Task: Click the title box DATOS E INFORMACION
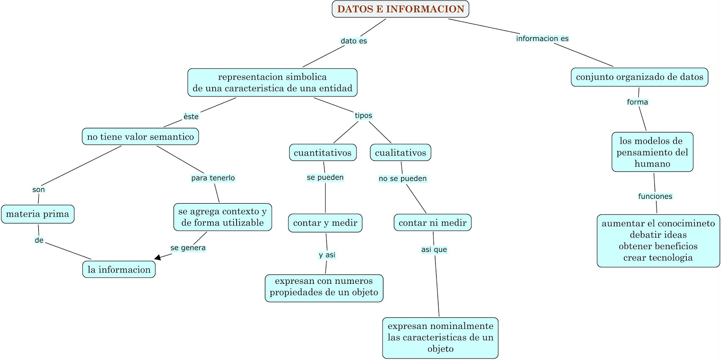(401, 9)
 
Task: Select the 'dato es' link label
(354, 41)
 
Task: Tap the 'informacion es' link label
(543, 39)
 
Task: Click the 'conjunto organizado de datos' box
(639, 77)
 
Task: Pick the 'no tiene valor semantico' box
(140, 137)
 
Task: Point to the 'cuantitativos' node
(323, 152)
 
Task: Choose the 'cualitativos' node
(401, 152)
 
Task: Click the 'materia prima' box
(38, 214)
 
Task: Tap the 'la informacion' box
(119, 269)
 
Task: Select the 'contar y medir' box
(325, 223)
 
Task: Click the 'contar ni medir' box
(433, 222)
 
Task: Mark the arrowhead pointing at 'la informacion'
(157, 257)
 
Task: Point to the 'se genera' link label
(188, 248)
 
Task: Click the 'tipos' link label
(363, 115)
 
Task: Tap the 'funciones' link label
(655, 196)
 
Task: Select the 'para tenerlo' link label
(213, 178)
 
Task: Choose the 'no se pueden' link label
(403, 178)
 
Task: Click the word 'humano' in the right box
(653, 164)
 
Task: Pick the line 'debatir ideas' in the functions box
(658, 235)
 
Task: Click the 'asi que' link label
(434, 250)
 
